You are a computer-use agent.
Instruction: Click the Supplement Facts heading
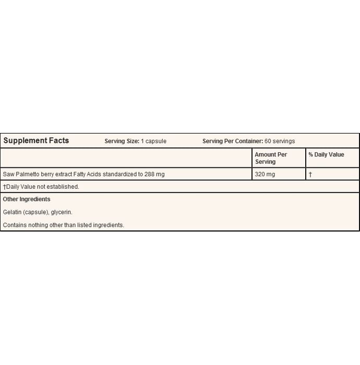[x=36, y=141]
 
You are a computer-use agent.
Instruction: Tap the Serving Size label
[x=122, y=141]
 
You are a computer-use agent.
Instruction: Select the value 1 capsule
[x=153, y=141]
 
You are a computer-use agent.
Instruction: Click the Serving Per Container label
[x=232, y=141]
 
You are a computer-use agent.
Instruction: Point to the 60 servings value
[x=280, y=141]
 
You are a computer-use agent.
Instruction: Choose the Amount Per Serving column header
[x=271, y=158]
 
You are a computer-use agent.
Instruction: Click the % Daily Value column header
[x=326, y=155]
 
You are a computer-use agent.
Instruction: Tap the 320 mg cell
[x=265, y=174]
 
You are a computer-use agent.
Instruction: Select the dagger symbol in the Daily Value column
[x=310, y=174]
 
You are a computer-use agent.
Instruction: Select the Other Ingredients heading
[x=27, y=199]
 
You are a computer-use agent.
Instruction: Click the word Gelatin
[x=12, y=212]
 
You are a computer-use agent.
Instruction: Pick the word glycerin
[x=61, y=212]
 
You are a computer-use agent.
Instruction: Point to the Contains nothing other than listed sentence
[x=63, y=225]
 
